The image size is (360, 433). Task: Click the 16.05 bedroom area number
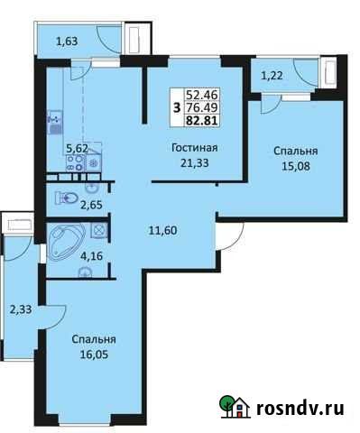[x=95, y=355]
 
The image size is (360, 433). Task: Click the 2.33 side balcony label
[x=20, y=310]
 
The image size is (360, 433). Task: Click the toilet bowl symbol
[x=63, y=198]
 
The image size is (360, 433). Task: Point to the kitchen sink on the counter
[x=54, y=118]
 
